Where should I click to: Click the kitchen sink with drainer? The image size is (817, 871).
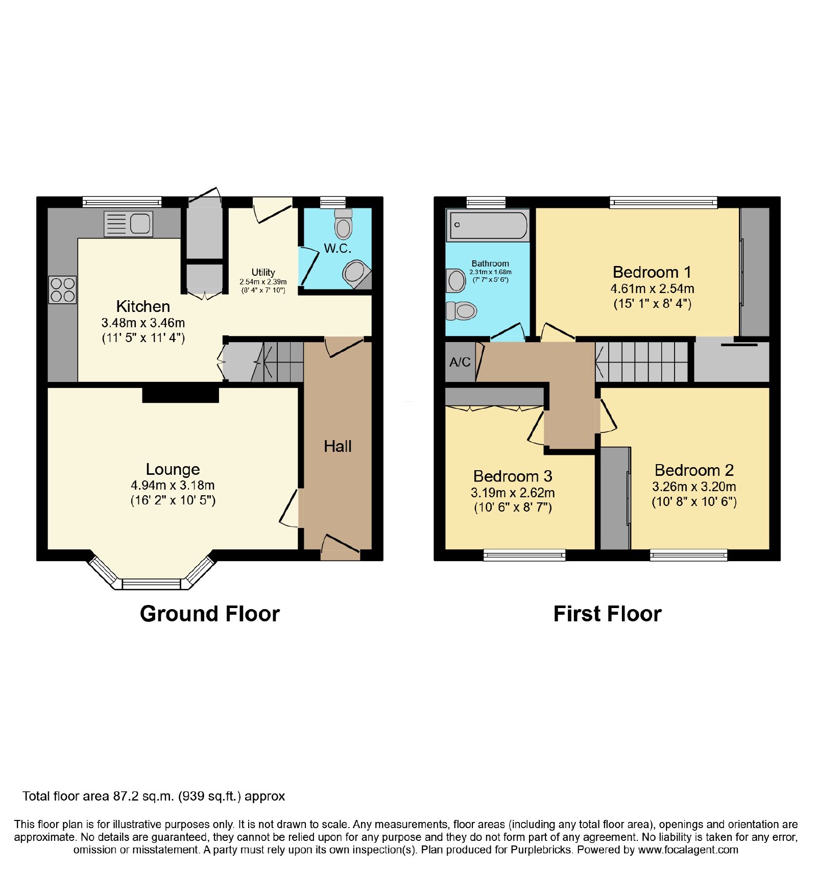[128, 224]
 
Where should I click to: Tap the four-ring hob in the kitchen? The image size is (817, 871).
[63, 289]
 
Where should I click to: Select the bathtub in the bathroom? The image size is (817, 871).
[488, 225]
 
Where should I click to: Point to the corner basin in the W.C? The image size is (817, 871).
[357, 275]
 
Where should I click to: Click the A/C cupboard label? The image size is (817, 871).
[460, 362]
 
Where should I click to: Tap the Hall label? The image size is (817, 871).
[338, 446]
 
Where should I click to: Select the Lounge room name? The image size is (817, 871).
[173, 469]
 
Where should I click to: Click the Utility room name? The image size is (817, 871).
[263, 272]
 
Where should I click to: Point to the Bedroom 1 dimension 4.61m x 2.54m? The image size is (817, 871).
[652, 288]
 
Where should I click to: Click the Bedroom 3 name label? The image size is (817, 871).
[513, 476]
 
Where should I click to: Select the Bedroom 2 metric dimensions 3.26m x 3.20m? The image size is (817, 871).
[694, 487]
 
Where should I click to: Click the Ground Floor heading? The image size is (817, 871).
[210, 614]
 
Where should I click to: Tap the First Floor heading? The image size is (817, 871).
[607, 614]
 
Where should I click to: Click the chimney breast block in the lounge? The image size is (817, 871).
[180, 395]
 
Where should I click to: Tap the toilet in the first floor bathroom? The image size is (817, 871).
[461, 310]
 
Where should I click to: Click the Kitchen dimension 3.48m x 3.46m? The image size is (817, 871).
[143, 323]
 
